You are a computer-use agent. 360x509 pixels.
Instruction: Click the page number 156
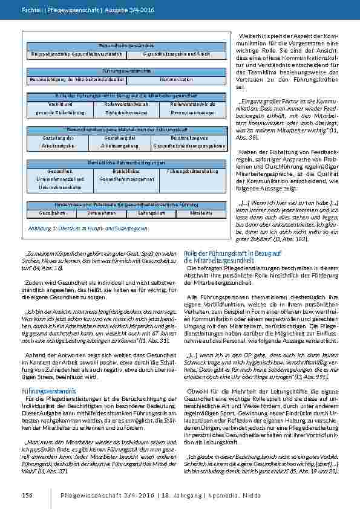point(27,495)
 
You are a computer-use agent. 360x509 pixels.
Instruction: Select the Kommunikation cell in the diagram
point(177,79)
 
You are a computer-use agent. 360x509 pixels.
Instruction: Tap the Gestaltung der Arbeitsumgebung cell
point(119,142)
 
